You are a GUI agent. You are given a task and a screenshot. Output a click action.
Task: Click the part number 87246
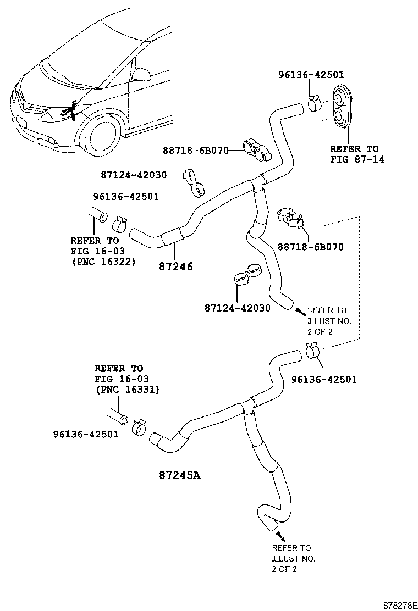pyautogui.click(x=175, y=266)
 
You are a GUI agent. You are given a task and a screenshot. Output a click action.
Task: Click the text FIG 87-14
pyautogui.click(x=357, y=159)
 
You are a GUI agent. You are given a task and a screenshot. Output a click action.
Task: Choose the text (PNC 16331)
pyautogui.click(x=127, y=390)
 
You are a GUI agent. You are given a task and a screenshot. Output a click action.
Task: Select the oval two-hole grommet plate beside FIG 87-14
pyautogui.click(x=342, y=105)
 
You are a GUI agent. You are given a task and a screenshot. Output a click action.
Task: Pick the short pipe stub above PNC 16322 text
pyautogui.click(x=99, y=215)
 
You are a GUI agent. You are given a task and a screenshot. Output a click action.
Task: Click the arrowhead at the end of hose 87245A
pyautogui.click(x=280, y=535)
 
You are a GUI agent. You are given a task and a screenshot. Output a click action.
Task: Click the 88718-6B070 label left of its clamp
pyautogui.click(x=196, y=150)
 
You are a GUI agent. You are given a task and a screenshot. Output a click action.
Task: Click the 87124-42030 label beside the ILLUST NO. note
pyautogui.click(x=237, y=308)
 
